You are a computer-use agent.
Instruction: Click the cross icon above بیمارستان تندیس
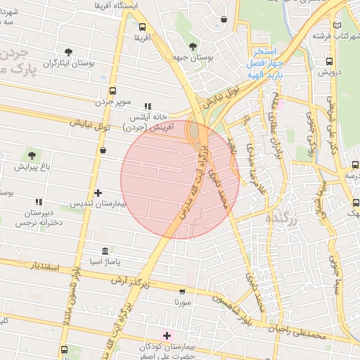tap(98, 192)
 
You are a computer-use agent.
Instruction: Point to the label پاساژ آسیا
tap(106, 262)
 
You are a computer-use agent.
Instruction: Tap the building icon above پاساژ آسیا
tap(105, 251)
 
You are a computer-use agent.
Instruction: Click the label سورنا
tap(183, 301)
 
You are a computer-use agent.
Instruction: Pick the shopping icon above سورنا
tap(183, 290)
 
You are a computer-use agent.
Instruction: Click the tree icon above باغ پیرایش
tap(32, 155)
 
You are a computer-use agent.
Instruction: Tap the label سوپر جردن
tap(114, 101)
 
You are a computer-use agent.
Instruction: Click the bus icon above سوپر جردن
tap(113, 91)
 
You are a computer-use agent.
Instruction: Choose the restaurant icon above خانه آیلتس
tap(147, 106)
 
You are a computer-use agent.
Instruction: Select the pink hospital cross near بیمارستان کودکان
tap(167, 335)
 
